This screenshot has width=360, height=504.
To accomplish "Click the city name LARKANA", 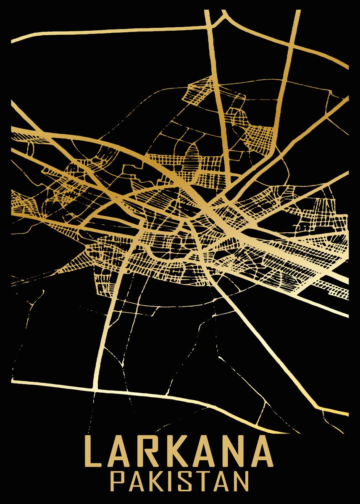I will click(179, 451).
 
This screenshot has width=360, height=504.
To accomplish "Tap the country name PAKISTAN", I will click(179, 480).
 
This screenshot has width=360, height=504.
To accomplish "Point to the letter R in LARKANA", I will click(151, 451).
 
